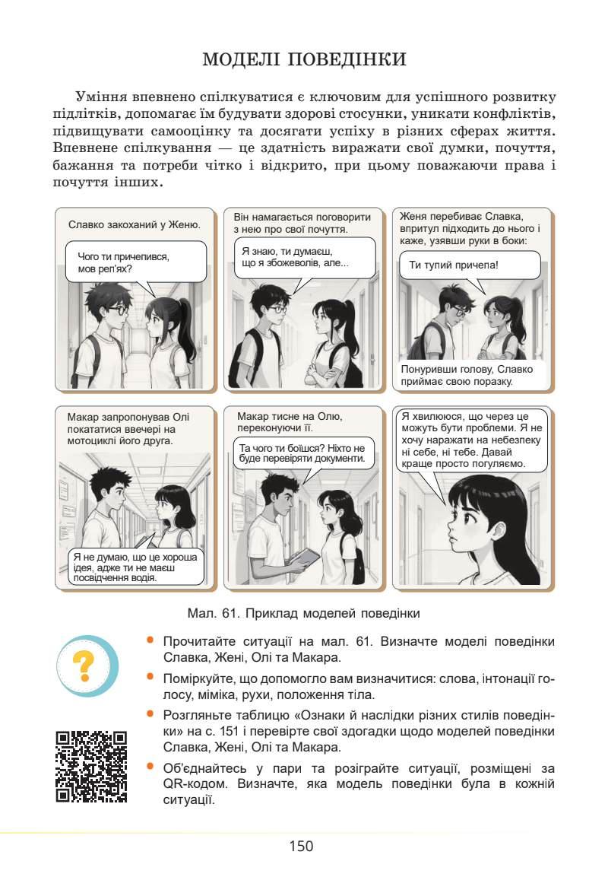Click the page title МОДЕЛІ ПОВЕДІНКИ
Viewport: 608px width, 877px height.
coord(304,60)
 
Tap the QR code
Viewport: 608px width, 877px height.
coord(91,766)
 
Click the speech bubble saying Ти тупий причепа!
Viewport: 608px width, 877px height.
coord(469,266)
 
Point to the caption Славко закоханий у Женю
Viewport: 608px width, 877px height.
coord(134,225)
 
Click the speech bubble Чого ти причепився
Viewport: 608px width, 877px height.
coord(135,262)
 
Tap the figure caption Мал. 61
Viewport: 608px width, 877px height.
coord(303,612)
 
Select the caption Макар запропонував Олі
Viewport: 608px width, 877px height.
coord(127,428)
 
